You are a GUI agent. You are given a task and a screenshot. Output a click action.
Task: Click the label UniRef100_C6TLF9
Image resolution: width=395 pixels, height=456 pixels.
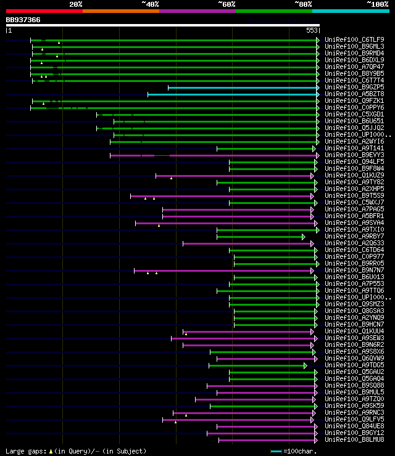click(x=354, y=40)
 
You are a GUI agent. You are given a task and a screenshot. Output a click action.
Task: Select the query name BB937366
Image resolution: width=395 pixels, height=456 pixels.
click(x=23, y=20)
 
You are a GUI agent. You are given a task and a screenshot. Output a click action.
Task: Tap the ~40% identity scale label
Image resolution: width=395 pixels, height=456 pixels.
click(x=150, y=4)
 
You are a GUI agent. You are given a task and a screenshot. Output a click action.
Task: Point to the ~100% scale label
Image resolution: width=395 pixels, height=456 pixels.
click(x=377, y=4)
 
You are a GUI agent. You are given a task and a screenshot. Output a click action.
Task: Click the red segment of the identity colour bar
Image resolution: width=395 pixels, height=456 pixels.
click(x=44, y=10)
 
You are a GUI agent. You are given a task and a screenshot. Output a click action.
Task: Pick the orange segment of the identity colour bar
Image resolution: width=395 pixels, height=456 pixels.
click(x=120, y=10)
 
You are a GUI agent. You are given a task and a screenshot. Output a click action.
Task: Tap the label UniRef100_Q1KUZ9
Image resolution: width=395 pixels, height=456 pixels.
click(x=354, y=176)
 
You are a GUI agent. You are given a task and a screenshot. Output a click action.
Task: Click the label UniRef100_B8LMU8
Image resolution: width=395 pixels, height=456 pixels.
click(x=354, y=439)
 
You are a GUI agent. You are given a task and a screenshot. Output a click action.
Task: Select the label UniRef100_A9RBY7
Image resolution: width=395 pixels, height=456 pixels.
click(x=354, y=237)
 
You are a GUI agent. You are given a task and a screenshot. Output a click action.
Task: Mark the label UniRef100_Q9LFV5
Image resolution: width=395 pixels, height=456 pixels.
click(x=354, y=419)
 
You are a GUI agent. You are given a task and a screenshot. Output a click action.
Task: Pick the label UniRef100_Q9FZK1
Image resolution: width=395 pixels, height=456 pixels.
click(x=354, y=101)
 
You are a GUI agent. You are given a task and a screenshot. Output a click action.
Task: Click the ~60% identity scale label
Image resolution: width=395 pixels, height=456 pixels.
click(x=227, y=4)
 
